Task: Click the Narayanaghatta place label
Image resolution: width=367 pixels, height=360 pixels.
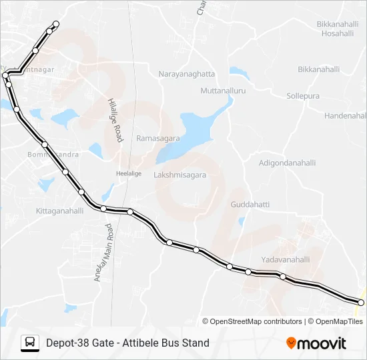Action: point(187,74)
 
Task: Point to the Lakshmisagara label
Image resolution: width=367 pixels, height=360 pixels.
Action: point(180,175)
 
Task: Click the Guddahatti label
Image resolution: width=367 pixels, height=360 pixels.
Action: point(250,205)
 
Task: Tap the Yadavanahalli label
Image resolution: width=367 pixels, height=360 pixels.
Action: point(286,259)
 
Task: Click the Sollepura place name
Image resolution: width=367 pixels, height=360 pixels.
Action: point(303,96)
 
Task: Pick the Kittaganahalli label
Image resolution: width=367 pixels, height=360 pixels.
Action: point(59,211)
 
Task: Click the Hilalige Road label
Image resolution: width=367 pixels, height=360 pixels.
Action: point(115,120)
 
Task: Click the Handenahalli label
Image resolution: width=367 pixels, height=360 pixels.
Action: point(345,115)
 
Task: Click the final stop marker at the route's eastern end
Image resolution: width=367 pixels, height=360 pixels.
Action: point(361,303)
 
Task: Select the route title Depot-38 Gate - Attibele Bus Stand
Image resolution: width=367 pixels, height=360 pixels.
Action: point(127,343)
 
